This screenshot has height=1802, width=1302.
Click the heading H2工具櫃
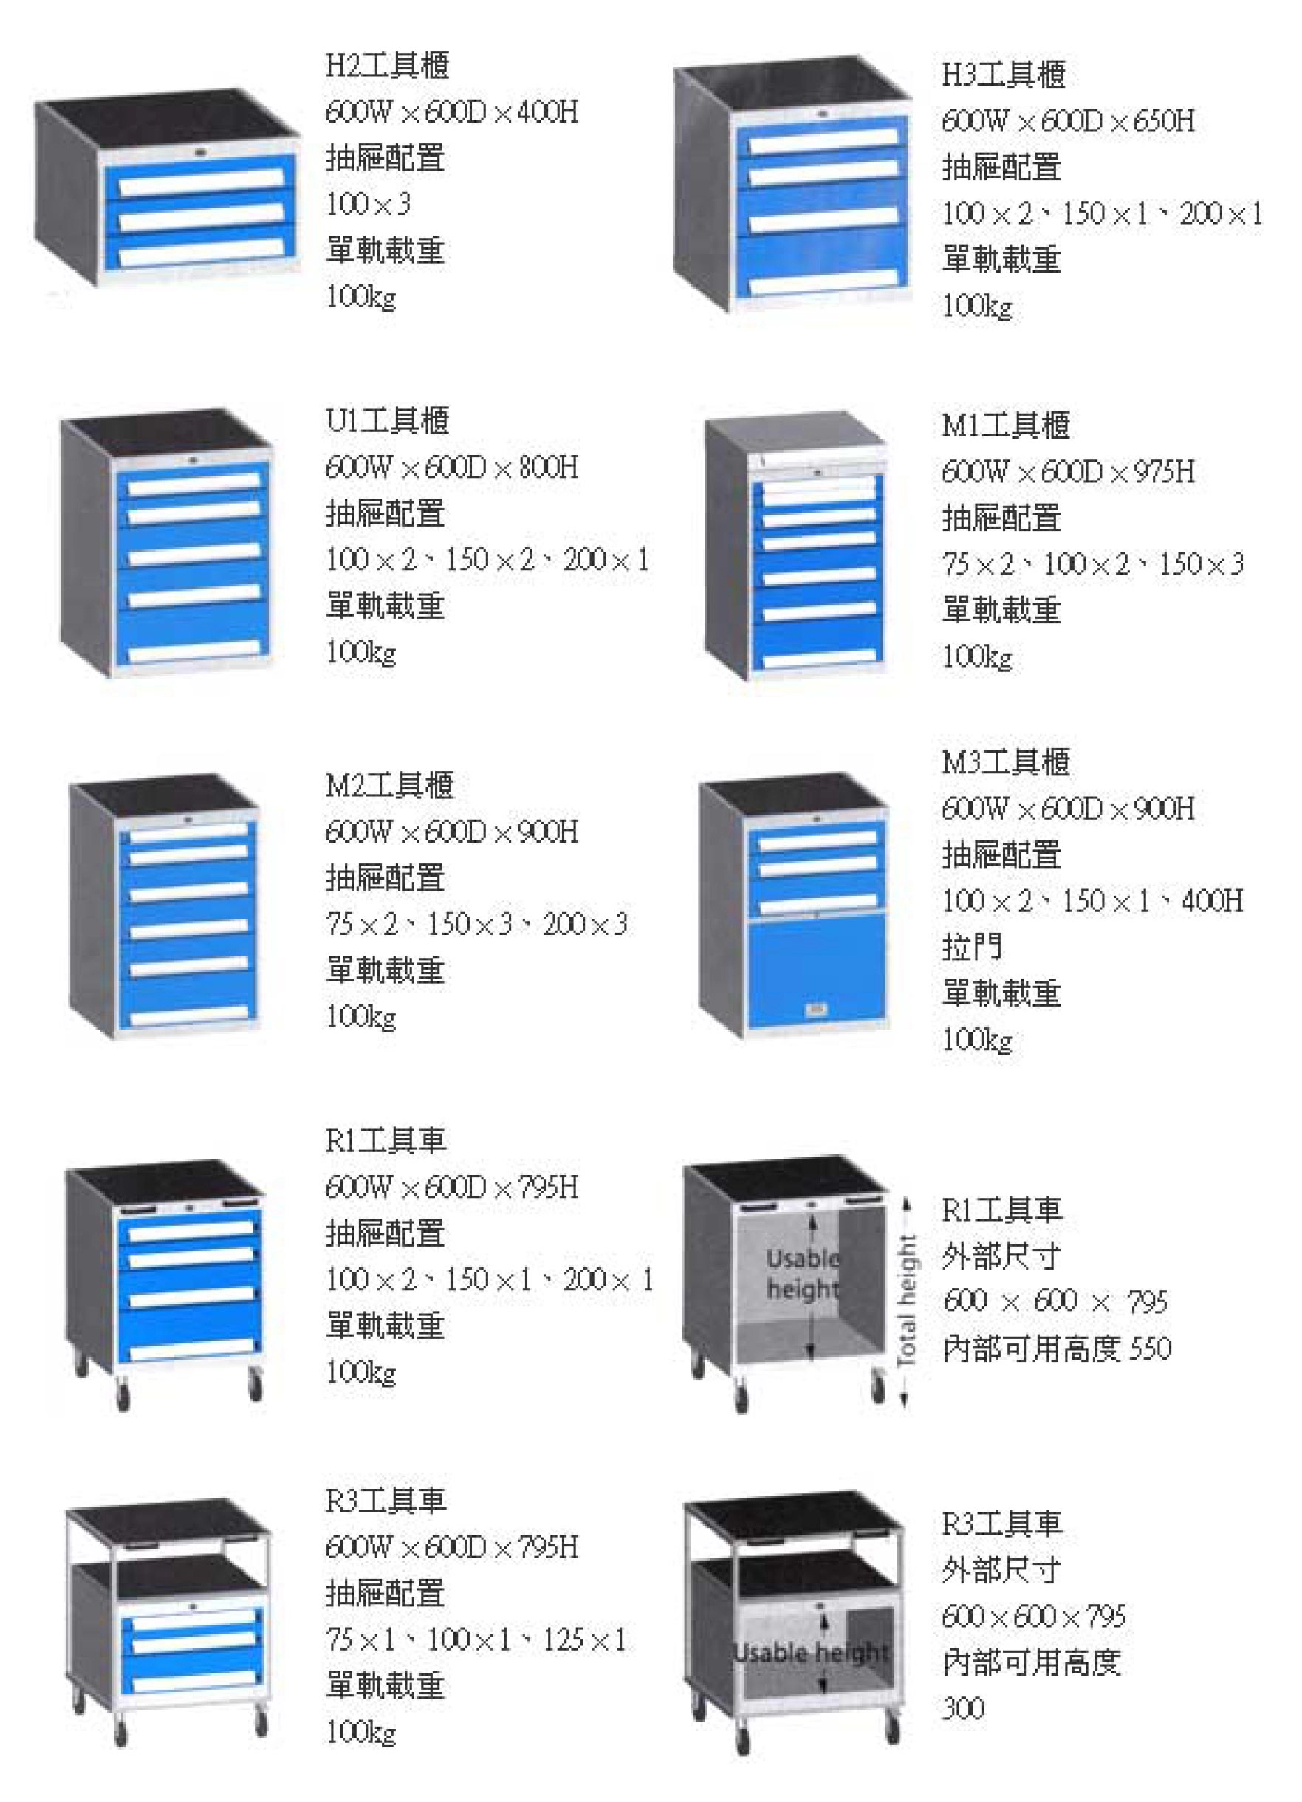tap(387, 65)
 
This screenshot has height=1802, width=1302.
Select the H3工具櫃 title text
tap(1004, 75)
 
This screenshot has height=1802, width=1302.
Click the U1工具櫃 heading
tap(387, 420)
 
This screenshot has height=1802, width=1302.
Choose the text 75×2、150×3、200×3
tap(476, 923)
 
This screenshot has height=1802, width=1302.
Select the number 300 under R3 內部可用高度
tap(963, 1707)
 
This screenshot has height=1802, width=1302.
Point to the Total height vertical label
tap(906, 1301)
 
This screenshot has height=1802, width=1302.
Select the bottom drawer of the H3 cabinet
tap(823, 270)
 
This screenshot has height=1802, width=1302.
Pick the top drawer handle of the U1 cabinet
tap(193, 482)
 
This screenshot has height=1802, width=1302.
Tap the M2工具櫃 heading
tap(389, 785)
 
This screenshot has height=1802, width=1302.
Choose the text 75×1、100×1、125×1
tap(476, 1639)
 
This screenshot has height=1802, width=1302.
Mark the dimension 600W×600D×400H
tap(451, 112)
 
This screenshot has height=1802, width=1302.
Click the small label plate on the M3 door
tap(815, 1010)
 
